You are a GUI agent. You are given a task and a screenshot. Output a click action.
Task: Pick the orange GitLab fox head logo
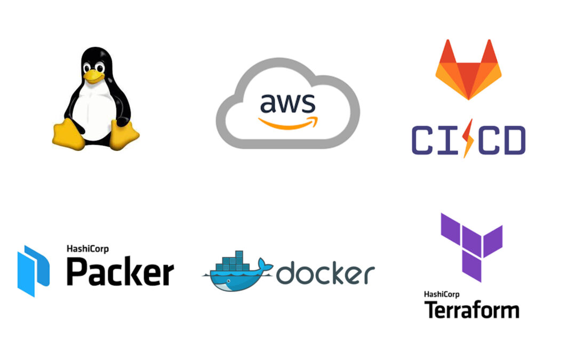[468, 69]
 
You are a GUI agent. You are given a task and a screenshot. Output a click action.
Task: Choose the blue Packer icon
[33, 270]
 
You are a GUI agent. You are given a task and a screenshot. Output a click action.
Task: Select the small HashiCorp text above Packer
[86, 248]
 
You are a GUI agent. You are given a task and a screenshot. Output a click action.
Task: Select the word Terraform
[471, 310]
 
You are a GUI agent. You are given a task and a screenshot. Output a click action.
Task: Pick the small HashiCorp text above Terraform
[443, 294]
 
